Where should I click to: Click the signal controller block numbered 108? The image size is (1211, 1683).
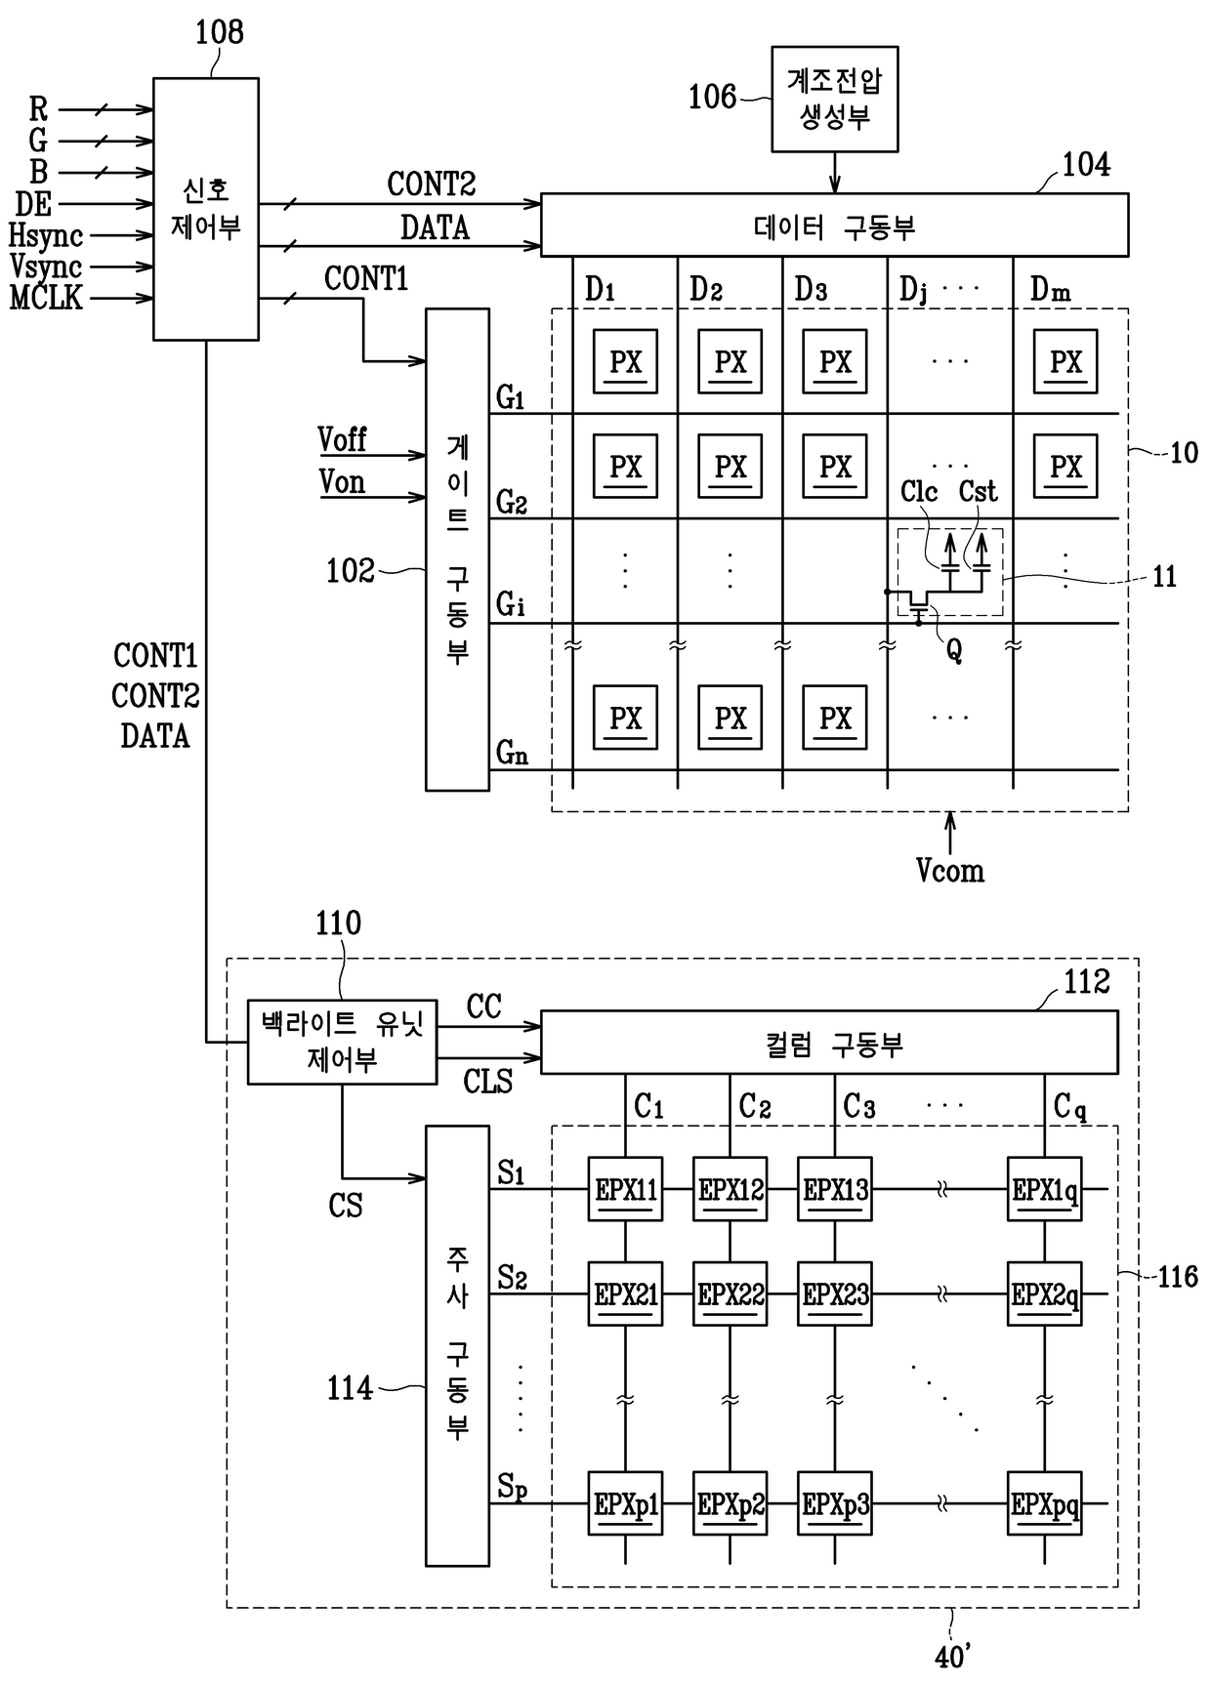pyautogui.click(x=206, y=209)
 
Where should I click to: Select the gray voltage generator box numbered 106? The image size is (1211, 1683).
pyautogui.click(x=835, y=99)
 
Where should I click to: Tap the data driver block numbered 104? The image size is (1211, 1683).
pyautogui.click(x=835, y=225)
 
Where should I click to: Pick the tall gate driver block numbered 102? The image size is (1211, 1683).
pyautogui.click(x=457, y=550)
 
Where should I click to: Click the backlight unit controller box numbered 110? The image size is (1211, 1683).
pyautogui.click(x=342, y=1042)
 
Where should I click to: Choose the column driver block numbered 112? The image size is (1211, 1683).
pyautogui.click(x=829, y=1042)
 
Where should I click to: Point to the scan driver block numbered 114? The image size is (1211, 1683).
pyautogui.click(x=457, y=1345)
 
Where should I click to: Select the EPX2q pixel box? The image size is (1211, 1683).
pyautogui.click(x=1045, y=1294)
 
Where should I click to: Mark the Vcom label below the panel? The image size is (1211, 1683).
pyautogui.click(x=949, y=870)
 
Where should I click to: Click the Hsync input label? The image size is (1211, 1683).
pyautogui.click(x=46, y=235)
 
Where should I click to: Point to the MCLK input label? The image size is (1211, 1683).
pyautogui.click(x=46, y=297)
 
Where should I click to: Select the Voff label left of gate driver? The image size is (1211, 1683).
pyautogui.click(x=342, y=440)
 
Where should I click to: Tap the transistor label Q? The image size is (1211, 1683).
pyautogui.click(x=954, y=650)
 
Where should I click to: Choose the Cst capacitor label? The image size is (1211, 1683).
pyautogui.click(x=978, y=491)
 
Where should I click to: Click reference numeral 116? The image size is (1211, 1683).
pyautogui.click(x=1177, y=1276)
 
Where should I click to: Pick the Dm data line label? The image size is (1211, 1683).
pyautogui.click(x=1051, y=289)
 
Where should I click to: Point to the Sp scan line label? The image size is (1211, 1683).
pyautogui.click(x=512, y=1487)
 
